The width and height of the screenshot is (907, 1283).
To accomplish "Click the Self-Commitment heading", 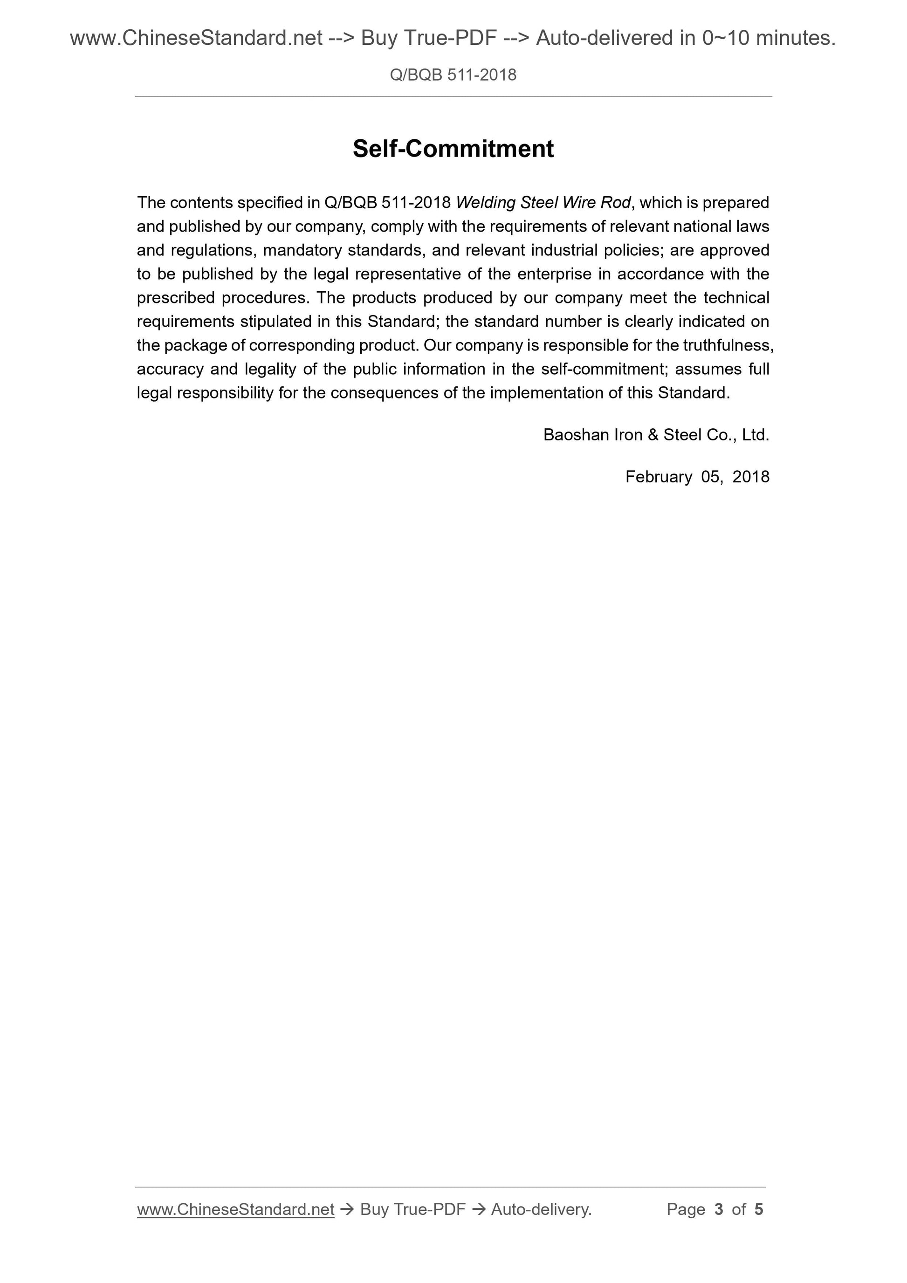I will (453, 149).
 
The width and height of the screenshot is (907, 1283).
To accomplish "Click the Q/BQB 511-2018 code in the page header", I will (453, 75).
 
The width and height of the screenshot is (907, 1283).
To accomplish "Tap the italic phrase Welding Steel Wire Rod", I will (543, 202).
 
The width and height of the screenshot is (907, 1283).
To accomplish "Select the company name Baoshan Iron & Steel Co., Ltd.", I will (656, 435).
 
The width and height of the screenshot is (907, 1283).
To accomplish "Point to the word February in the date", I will (658, 477).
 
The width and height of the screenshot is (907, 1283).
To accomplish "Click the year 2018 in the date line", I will (750, 477).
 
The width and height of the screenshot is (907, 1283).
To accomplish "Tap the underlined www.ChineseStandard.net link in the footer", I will (235, 1209).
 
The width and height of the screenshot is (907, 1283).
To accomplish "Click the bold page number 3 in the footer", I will (719, 1209).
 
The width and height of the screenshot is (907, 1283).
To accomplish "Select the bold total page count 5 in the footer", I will (758, 1209).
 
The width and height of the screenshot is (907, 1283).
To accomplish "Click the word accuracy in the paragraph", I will (170, 369).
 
